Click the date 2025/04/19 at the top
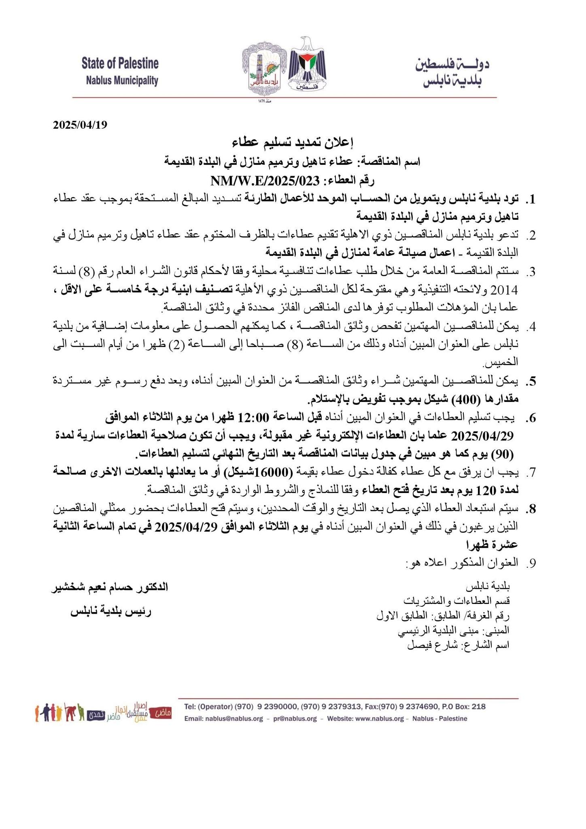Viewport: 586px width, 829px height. tap(80, 125)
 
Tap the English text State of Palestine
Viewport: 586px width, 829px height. tap(120, 64)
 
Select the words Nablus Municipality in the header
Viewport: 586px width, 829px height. tap(122, 81)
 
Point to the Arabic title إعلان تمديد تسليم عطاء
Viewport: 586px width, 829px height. tap(293, 142)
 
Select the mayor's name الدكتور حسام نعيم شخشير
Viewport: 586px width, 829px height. tap(109, 587)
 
